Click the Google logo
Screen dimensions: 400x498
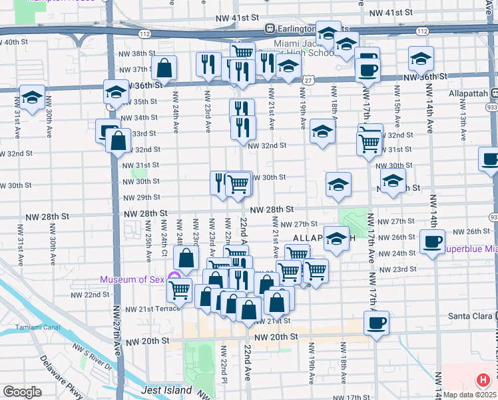(x=22, y=392)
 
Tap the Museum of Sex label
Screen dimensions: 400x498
(x=132, y=279)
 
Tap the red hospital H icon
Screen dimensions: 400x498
(x=483, y=381)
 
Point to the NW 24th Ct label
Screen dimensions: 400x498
(x=163, y=244)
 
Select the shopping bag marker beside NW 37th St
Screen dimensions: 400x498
(x=163, y=67)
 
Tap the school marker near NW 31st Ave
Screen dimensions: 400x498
(x=32, y=97)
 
